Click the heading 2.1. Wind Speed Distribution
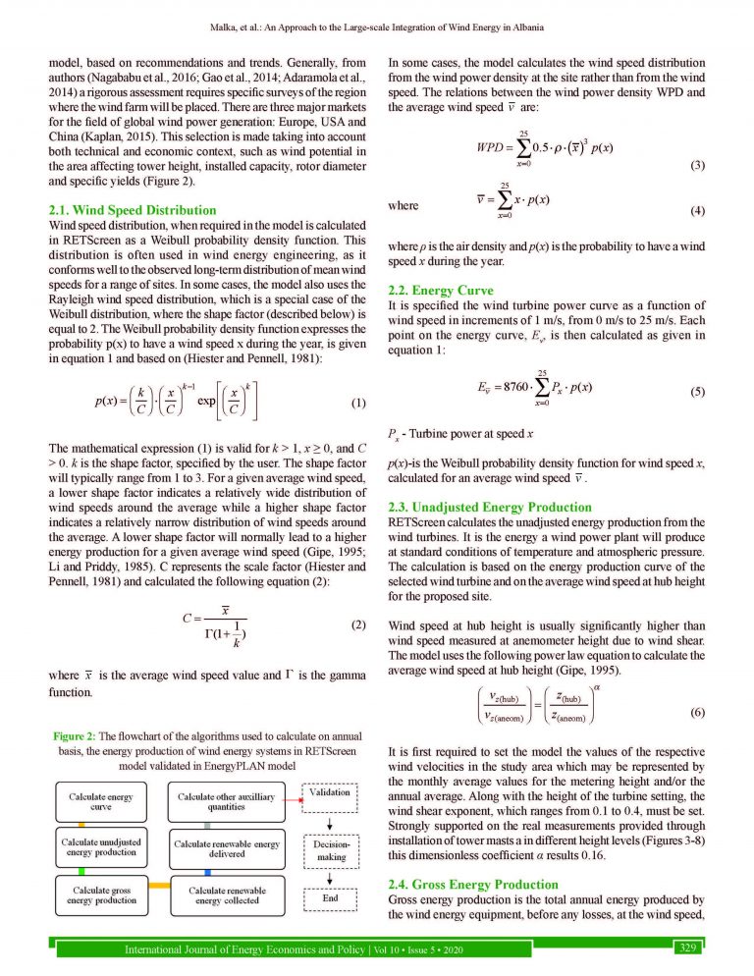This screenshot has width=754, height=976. click(x=133, y=210)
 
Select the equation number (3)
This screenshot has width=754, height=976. click(x=697, y=165)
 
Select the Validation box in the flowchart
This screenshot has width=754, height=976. click(x=329, y=792)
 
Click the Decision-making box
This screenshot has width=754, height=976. click(x=329, y=849)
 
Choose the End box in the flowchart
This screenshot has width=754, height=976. click(x=329, y=897)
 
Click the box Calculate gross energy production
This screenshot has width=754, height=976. click(x=102, y=894)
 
